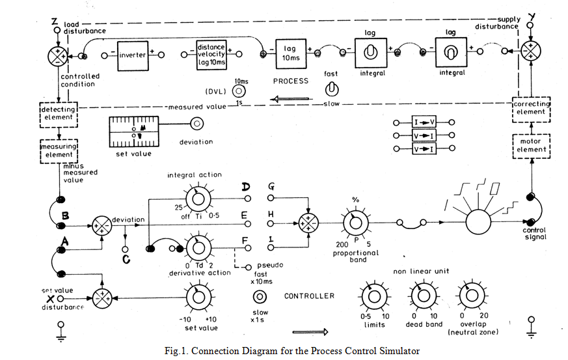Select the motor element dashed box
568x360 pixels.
tap(531, 145)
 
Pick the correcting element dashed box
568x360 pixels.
tap(531, 108)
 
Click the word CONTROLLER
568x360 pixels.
tap(309, 296)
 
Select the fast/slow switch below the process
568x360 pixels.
tap(331, 89)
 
